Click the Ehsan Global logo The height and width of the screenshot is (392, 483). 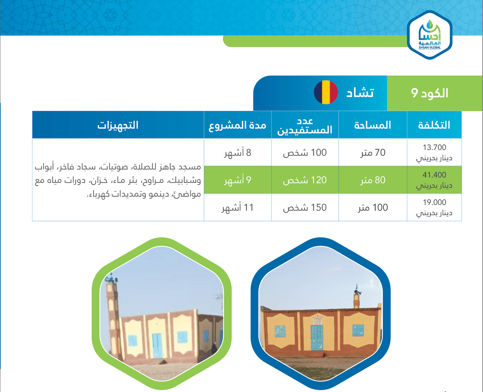(429, 35)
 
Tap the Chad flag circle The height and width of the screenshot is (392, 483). (326, 92)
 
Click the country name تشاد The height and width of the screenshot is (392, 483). (360, 93)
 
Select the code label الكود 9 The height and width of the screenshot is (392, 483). (429, 93)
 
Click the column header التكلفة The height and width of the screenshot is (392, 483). (434, 125)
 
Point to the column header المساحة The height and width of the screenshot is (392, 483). (372, 125)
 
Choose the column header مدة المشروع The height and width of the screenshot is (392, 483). (237, 126)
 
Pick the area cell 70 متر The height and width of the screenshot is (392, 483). (373, 153)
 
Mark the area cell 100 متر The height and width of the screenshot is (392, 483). (373, 207)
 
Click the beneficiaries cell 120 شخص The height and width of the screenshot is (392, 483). (305, 180)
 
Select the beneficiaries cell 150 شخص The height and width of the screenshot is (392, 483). (305, 207)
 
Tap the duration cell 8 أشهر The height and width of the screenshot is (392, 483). (237, 153)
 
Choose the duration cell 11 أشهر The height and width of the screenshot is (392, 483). (237, 207)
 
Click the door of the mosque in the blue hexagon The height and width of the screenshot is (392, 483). (317, 338)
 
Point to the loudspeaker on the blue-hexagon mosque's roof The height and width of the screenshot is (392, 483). (357, 292)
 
